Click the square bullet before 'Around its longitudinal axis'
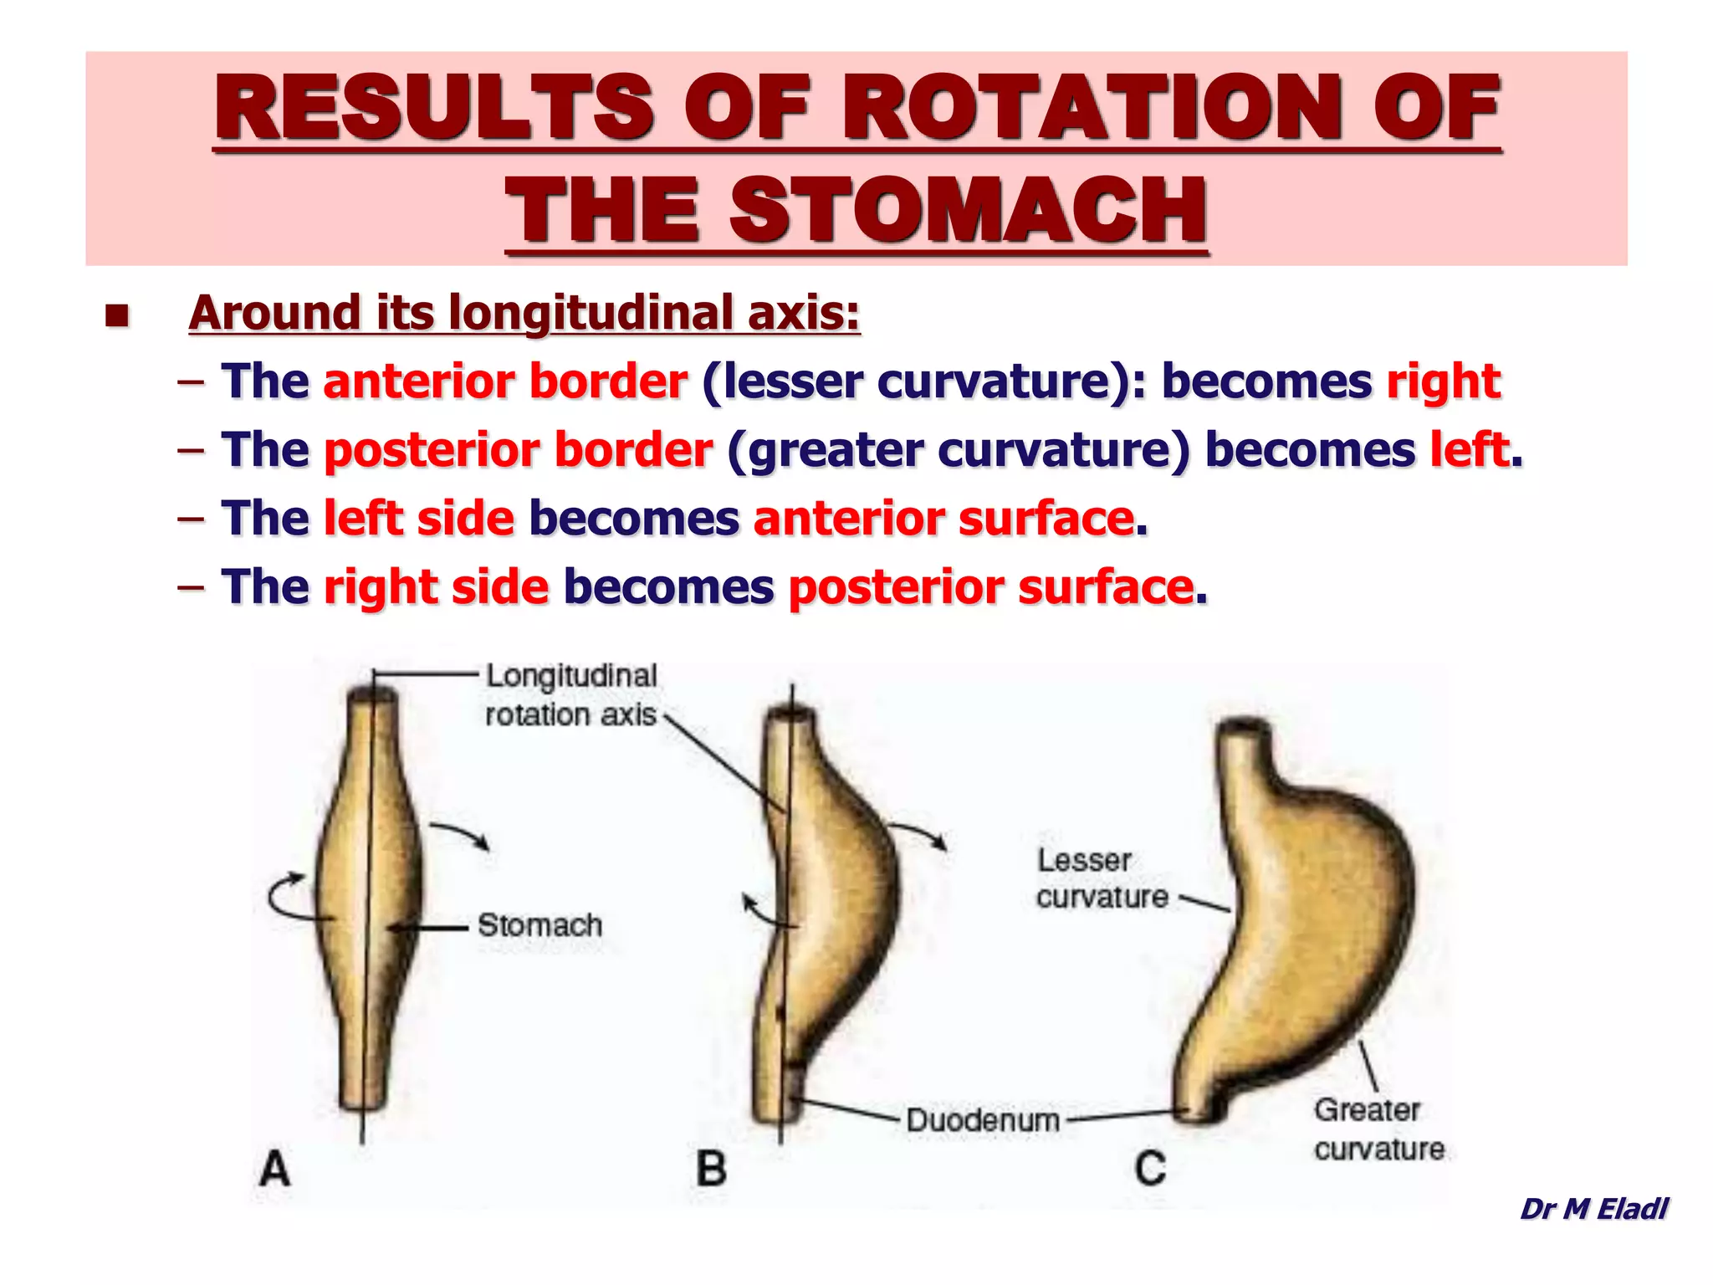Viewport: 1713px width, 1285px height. pos(117,315)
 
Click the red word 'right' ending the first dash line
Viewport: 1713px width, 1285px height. pos(1444,381)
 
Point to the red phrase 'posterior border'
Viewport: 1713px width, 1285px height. pos(518,450)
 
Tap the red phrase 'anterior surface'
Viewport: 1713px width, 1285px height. pos(943,519)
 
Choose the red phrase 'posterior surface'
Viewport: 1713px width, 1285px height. pos(991,587)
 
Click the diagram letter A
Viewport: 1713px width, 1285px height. pos(275,1169)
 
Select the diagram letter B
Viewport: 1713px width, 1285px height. pos(712,1169)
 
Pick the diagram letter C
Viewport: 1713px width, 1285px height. pos(1151,1169)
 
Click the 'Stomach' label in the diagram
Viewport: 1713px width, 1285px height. pos(540,925)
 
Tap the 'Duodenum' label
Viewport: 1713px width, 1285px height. pos(983,1120)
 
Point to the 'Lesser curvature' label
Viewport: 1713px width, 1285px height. pos(1102,878)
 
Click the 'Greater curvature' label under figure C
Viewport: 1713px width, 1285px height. pos(1378,1129)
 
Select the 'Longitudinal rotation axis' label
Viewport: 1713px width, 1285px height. pos(571,695)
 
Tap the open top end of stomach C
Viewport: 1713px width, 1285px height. pos(1245,730)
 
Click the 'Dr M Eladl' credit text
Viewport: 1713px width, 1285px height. pos(1593,1209)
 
